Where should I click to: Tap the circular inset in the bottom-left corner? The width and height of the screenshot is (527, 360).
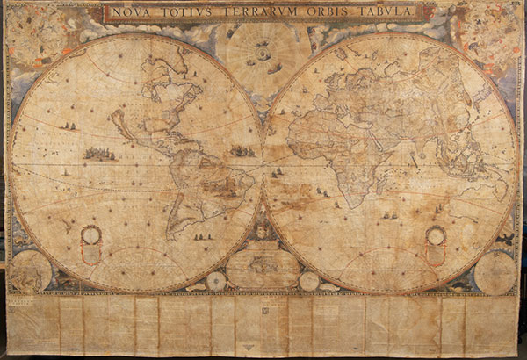[31, 271]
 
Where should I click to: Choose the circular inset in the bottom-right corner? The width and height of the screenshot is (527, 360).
[495, 271]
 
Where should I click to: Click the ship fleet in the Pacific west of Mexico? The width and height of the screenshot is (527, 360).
[100, 155]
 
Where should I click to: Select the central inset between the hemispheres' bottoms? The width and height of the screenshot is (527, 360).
[263, 268]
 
